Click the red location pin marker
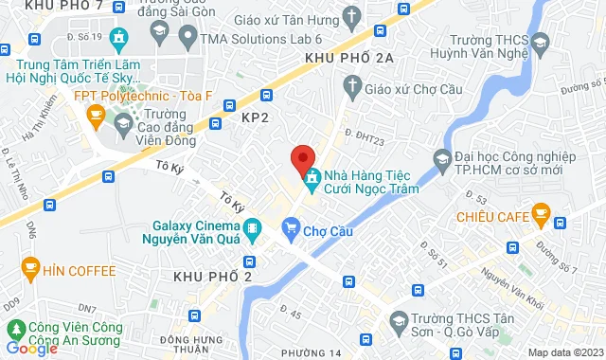click(x=302, y=158)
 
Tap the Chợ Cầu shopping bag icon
click(x=291, y=227)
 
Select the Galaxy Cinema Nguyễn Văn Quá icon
click(x=252, y=227)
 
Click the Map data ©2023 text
click(x=562, y=352)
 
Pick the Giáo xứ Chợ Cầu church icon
click(x=351, y=88)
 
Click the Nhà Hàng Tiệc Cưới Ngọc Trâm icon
click(x=312, y=175)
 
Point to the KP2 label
click(x=257, y=117)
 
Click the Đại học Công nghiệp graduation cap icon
click(x=441, y=157)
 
